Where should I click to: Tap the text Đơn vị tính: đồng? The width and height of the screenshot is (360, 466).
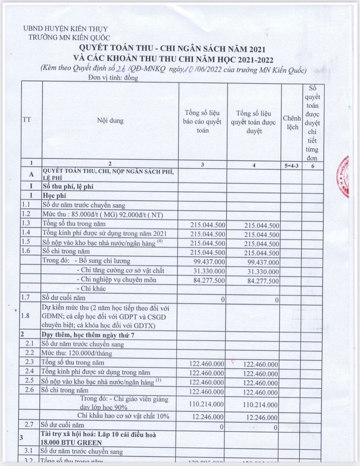[113, 78]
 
